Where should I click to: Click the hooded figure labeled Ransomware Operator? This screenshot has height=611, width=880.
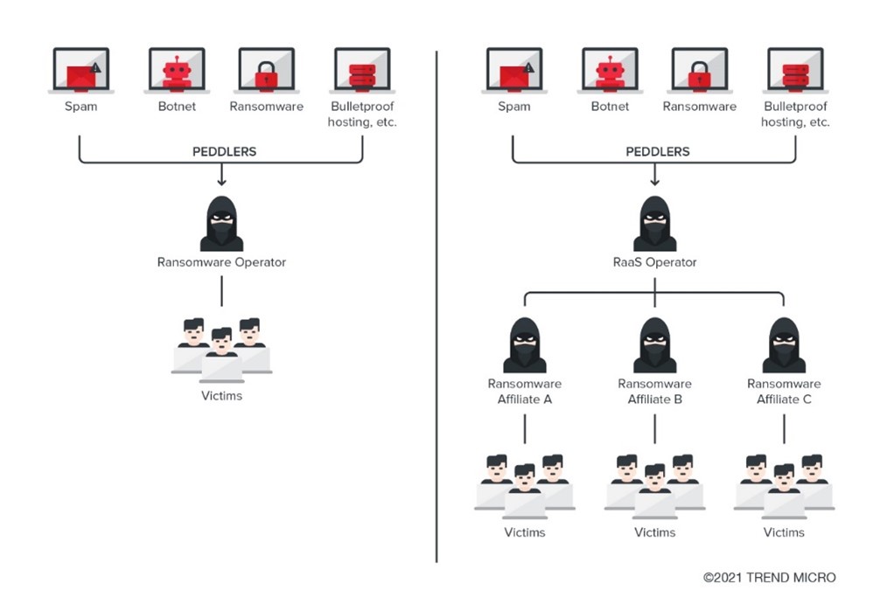pyautogui.click(x=221, y=225)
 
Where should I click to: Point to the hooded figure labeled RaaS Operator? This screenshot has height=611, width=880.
pyautogui.click(x=655, y=225)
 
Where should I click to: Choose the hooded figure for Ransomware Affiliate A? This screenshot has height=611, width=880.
pyautogui.click(x=525, y=346)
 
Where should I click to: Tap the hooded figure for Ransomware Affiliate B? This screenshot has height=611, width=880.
pyautogui.click(x=655, y=346)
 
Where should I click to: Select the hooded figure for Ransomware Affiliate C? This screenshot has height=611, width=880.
pyautogui.click(x=784, y=346)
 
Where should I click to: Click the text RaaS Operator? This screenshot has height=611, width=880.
pyautogui.click(x=655, y=261)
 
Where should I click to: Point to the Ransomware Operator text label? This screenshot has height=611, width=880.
pyautogui.click(x=221, y=261)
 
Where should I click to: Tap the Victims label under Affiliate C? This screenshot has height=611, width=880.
pyautogui.click(x=784, y=531)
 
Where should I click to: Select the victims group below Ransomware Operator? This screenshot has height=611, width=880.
pyautogui.click(x=221, y=350)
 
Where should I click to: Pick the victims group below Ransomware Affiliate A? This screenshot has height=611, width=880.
pyautogui.click(x=525, y=486)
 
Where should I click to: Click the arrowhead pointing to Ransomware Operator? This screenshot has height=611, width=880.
pyautogui.click(x=221, y=182)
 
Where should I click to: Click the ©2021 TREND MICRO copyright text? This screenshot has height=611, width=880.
pyautogui.click(x=769, y=577)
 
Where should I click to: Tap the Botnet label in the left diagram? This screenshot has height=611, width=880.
pyautogui.click(x=176, y=107)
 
